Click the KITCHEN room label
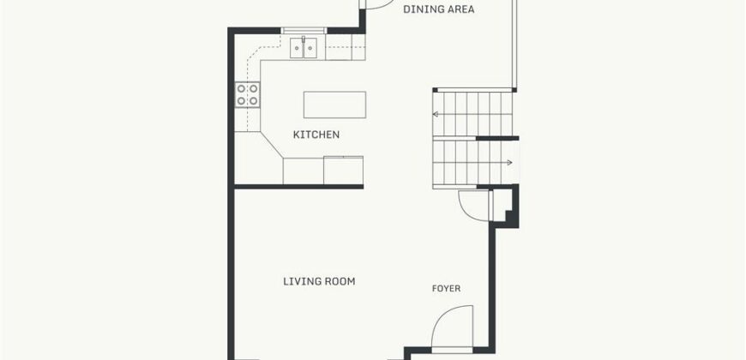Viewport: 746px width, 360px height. [316, 135]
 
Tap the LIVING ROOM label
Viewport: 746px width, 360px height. [319, 281]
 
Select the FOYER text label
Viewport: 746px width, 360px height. [446, 289]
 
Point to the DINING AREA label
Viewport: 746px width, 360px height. [439, 9]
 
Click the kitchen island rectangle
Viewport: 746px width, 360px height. [335, 105]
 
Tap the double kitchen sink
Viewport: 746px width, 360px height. [304, 48]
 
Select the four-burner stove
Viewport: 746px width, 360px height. [248, 94]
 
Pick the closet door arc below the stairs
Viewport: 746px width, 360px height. [464, 209]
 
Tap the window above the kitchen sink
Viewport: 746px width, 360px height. [304, 31]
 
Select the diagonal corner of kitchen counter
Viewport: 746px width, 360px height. [272, 145]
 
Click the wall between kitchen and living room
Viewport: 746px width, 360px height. [298, 186]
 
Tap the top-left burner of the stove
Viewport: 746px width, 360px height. [242, 88]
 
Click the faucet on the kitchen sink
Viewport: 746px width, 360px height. [304, 39]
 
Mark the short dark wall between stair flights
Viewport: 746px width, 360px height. [497, 138]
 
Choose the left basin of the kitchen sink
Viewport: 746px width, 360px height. [297, 49]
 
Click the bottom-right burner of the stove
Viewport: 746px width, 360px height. [254, 101]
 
